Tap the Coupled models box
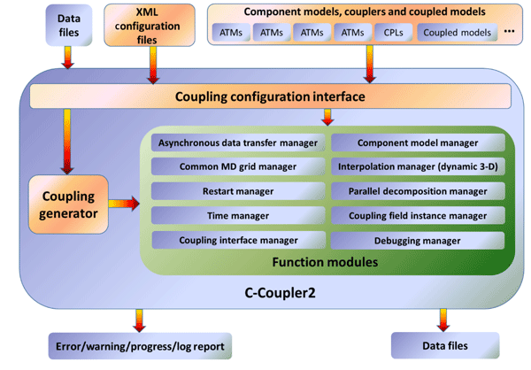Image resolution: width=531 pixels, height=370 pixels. [457, 34]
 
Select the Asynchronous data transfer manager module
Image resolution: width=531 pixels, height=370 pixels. [239, 143]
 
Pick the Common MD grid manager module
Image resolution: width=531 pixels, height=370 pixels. [239, 166]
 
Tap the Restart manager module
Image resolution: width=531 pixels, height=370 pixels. [239, 190]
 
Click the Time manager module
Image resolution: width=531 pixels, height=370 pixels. [239, 215]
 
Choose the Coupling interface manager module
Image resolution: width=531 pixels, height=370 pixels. [239, 240]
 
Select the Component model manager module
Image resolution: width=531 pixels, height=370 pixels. [418, 143]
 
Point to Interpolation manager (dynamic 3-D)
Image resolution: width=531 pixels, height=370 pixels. [418, 166]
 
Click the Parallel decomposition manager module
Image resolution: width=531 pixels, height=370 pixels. [418, 190]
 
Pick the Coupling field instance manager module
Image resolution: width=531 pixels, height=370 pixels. [418, 215]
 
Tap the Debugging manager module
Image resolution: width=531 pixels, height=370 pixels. [418, 240]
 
